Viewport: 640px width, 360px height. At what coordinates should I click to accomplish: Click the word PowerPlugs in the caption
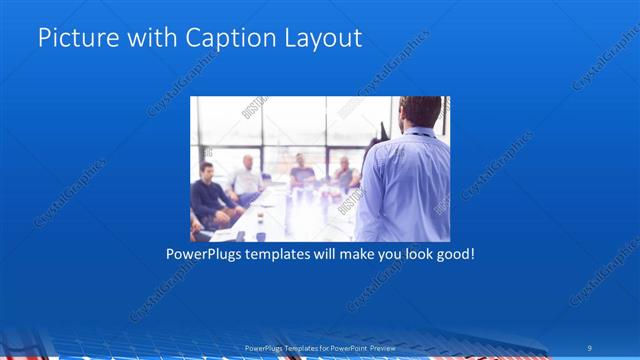tap(206, 254)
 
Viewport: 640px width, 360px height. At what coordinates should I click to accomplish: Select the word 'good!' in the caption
tap(452, 254)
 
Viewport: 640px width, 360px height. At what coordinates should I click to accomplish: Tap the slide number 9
tap(590, 347)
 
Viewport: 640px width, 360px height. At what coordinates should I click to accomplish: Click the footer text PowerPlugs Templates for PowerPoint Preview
tap(319, 347)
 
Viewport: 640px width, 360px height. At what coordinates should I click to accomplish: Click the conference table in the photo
tap(290, 215)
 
